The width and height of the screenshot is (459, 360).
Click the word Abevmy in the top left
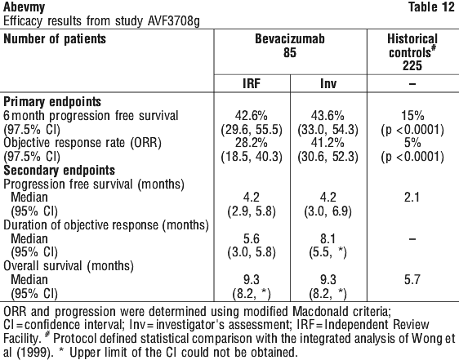[x=24, y=7]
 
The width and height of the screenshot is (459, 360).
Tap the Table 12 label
[x=431, y=7]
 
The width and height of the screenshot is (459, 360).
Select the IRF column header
[x=252, y=84]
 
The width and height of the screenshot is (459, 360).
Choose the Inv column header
[x=328, y=84]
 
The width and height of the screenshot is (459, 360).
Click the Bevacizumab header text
[x=290, y=39]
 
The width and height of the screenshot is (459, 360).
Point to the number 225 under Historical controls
[x=412, y=65]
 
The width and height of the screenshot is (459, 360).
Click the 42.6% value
[x=252, y=116]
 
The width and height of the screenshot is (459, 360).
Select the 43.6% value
[x=328, y=116]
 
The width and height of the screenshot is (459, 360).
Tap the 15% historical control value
[x=412, y=116]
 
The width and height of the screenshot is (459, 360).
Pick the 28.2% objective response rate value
[x=252, y=143]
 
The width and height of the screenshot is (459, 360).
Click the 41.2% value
[x=328, y=143]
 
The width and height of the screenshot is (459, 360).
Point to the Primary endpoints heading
[x=52, y=102]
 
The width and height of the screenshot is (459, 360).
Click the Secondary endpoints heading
[x=59, y=171]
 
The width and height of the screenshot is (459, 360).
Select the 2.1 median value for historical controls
[x=412, y=198]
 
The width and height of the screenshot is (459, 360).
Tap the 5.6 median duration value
[x=252, y=239]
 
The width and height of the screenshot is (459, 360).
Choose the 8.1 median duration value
[x=328, y=239]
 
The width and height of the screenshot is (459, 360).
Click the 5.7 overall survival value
[x=412, y=280]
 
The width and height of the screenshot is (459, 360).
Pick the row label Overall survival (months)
[x=69, y=266]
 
